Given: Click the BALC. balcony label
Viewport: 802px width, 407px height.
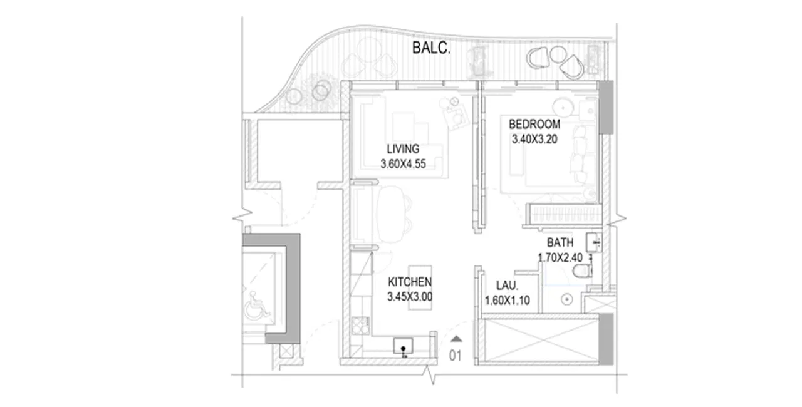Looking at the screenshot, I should [x=432, y=48].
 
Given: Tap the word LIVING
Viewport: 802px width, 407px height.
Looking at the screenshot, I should [x=402, y=149].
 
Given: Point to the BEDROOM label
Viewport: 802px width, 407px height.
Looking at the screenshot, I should [x=534, y=125].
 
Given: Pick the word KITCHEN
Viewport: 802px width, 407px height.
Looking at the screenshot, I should [x=409, y=282].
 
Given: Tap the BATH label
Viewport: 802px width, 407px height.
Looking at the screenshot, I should [x=559, y=242].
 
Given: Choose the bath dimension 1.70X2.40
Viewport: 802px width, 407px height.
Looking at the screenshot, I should [x=560, y=257].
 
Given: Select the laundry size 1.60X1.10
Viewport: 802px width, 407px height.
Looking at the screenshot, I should [x=508, y=301].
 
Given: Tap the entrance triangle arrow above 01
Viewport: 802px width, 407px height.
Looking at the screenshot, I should [x=456, y=339].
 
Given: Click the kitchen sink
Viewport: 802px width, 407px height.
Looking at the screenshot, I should [x=403, y=346].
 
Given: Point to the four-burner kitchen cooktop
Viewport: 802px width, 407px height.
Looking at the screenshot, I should [x=360, y=326].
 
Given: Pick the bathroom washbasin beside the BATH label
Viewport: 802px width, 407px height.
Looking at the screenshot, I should [x=593, y=240].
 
